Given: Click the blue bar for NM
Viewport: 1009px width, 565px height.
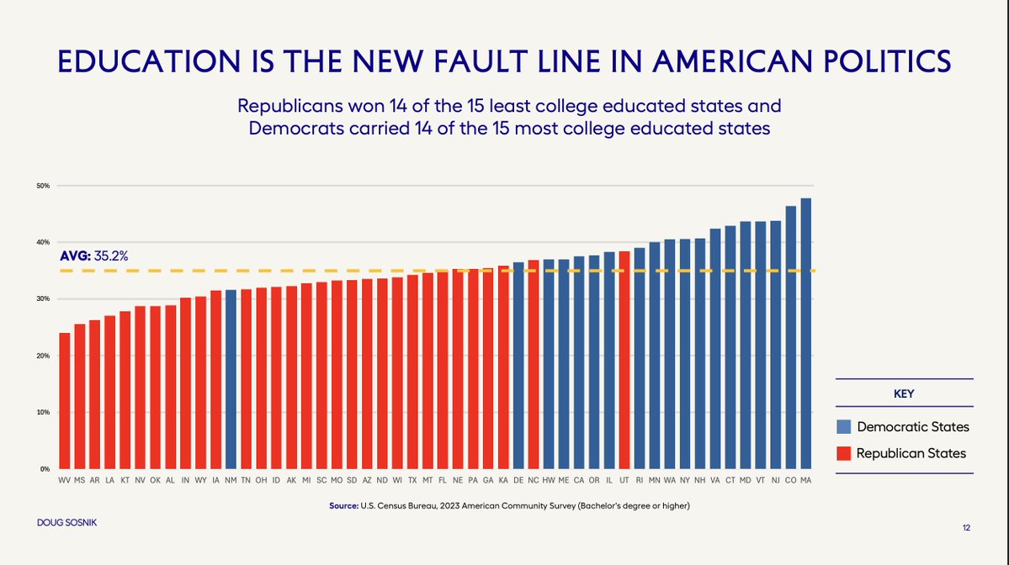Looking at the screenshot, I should point(231,378).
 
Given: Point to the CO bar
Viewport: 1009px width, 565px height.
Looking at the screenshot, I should point(790,336).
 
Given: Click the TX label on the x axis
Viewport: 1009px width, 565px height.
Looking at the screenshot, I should point(412,480).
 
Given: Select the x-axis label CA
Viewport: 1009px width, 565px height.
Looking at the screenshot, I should point(578,480).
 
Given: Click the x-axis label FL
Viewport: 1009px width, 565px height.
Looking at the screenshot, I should point(443,480).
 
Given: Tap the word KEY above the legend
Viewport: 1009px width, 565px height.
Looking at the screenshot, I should point(904,393).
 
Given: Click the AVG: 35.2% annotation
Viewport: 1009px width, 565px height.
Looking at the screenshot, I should point(93,256).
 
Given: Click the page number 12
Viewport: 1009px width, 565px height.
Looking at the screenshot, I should point(966,528).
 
